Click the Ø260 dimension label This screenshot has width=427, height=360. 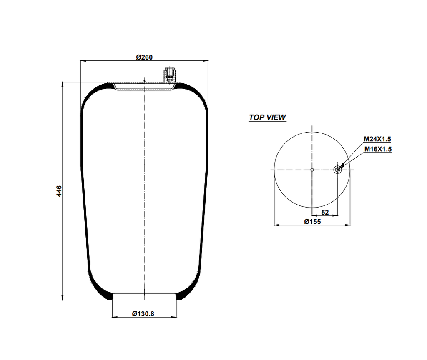coord(144,57)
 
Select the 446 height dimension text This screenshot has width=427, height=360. coord(59,191)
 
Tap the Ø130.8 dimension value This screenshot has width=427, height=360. coord(143,314)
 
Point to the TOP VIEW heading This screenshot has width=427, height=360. coord(267,117)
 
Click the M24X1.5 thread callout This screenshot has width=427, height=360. coord(377,139)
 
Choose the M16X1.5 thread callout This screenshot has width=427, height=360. coord(377,149)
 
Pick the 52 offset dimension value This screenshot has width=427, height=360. coord(325,212)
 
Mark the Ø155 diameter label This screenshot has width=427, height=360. coord(312,222)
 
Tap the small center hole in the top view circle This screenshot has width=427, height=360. coord(312,170)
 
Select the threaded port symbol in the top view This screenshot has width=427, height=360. coord(338,170)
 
